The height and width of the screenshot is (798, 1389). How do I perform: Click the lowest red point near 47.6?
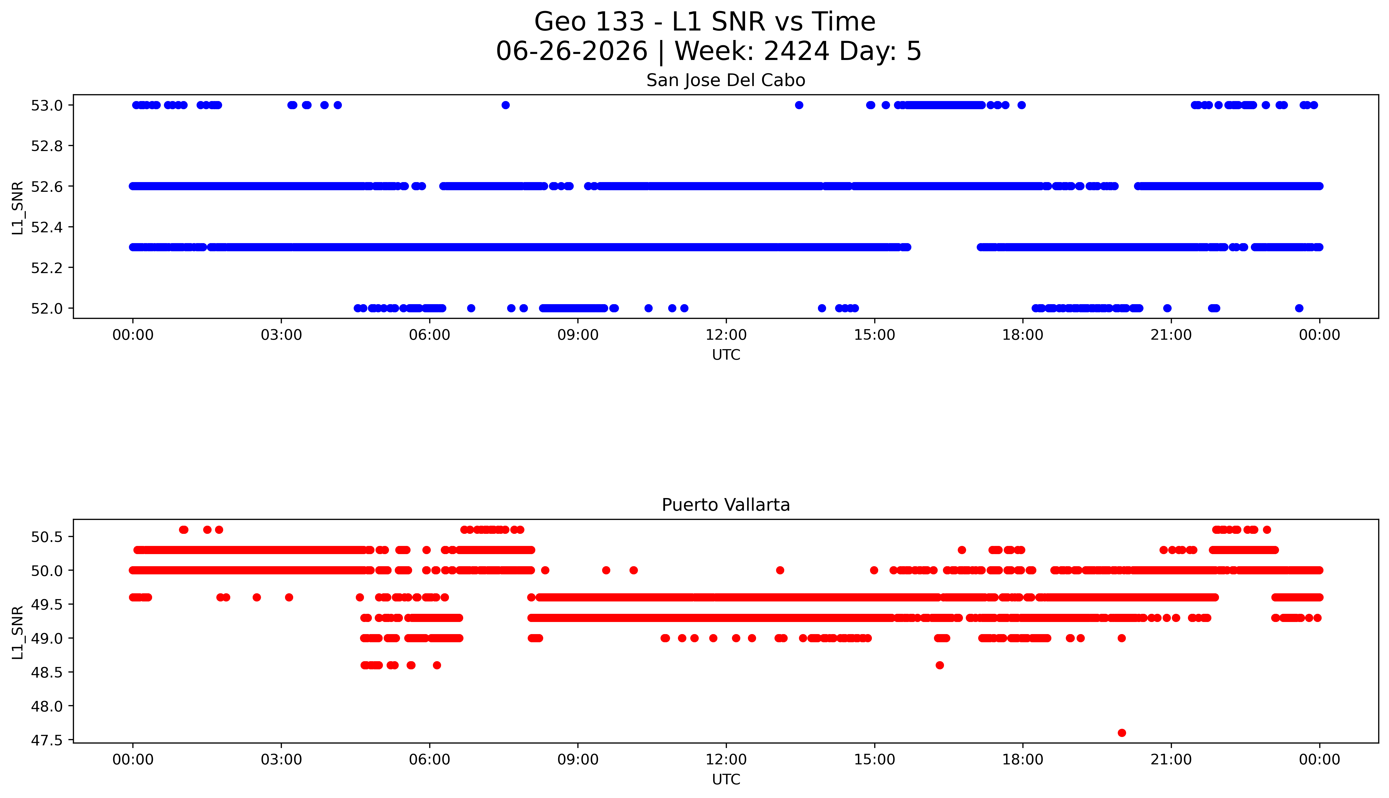click(1122, 733)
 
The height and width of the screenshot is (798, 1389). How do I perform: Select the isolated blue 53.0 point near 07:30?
click(505, 105)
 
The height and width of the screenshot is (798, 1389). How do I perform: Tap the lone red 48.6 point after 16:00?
click(940, 665)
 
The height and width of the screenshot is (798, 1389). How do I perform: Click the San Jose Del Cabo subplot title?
click(726, 81)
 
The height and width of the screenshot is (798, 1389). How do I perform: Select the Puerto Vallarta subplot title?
click(726, 505)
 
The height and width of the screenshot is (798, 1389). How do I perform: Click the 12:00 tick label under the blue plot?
click(726, 335)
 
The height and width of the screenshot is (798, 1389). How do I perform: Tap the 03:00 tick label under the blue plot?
click(281, 335)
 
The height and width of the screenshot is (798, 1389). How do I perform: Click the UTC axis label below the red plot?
click(726, 779)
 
